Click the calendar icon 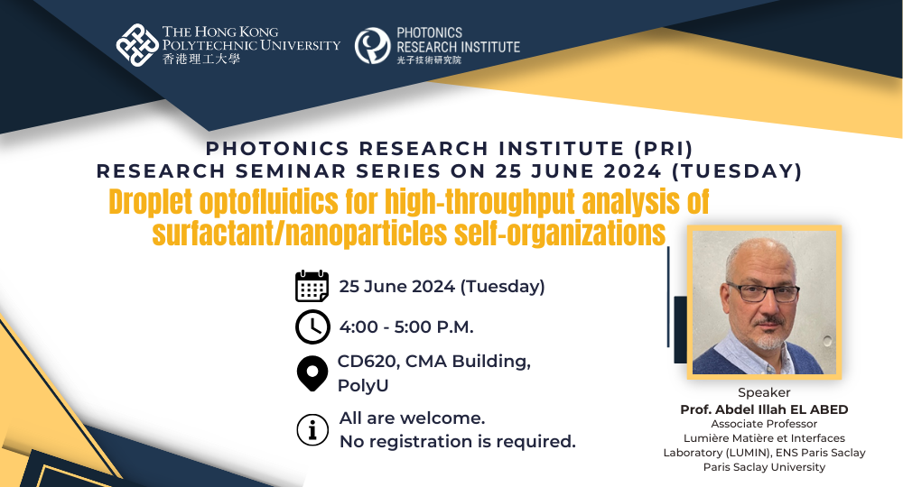[312, 286]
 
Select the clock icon [312, 326]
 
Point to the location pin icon [312, 373]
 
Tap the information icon [312, 430]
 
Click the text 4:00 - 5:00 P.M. [406, 326]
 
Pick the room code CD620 [367, 362]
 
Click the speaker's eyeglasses [762, 291]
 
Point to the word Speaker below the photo [764, 392]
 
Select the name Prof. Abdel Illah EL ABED [764, 409]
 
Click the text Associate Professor [764, 424]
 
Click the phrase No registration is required [457, 442]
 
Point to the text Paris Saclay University [764, 467]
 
